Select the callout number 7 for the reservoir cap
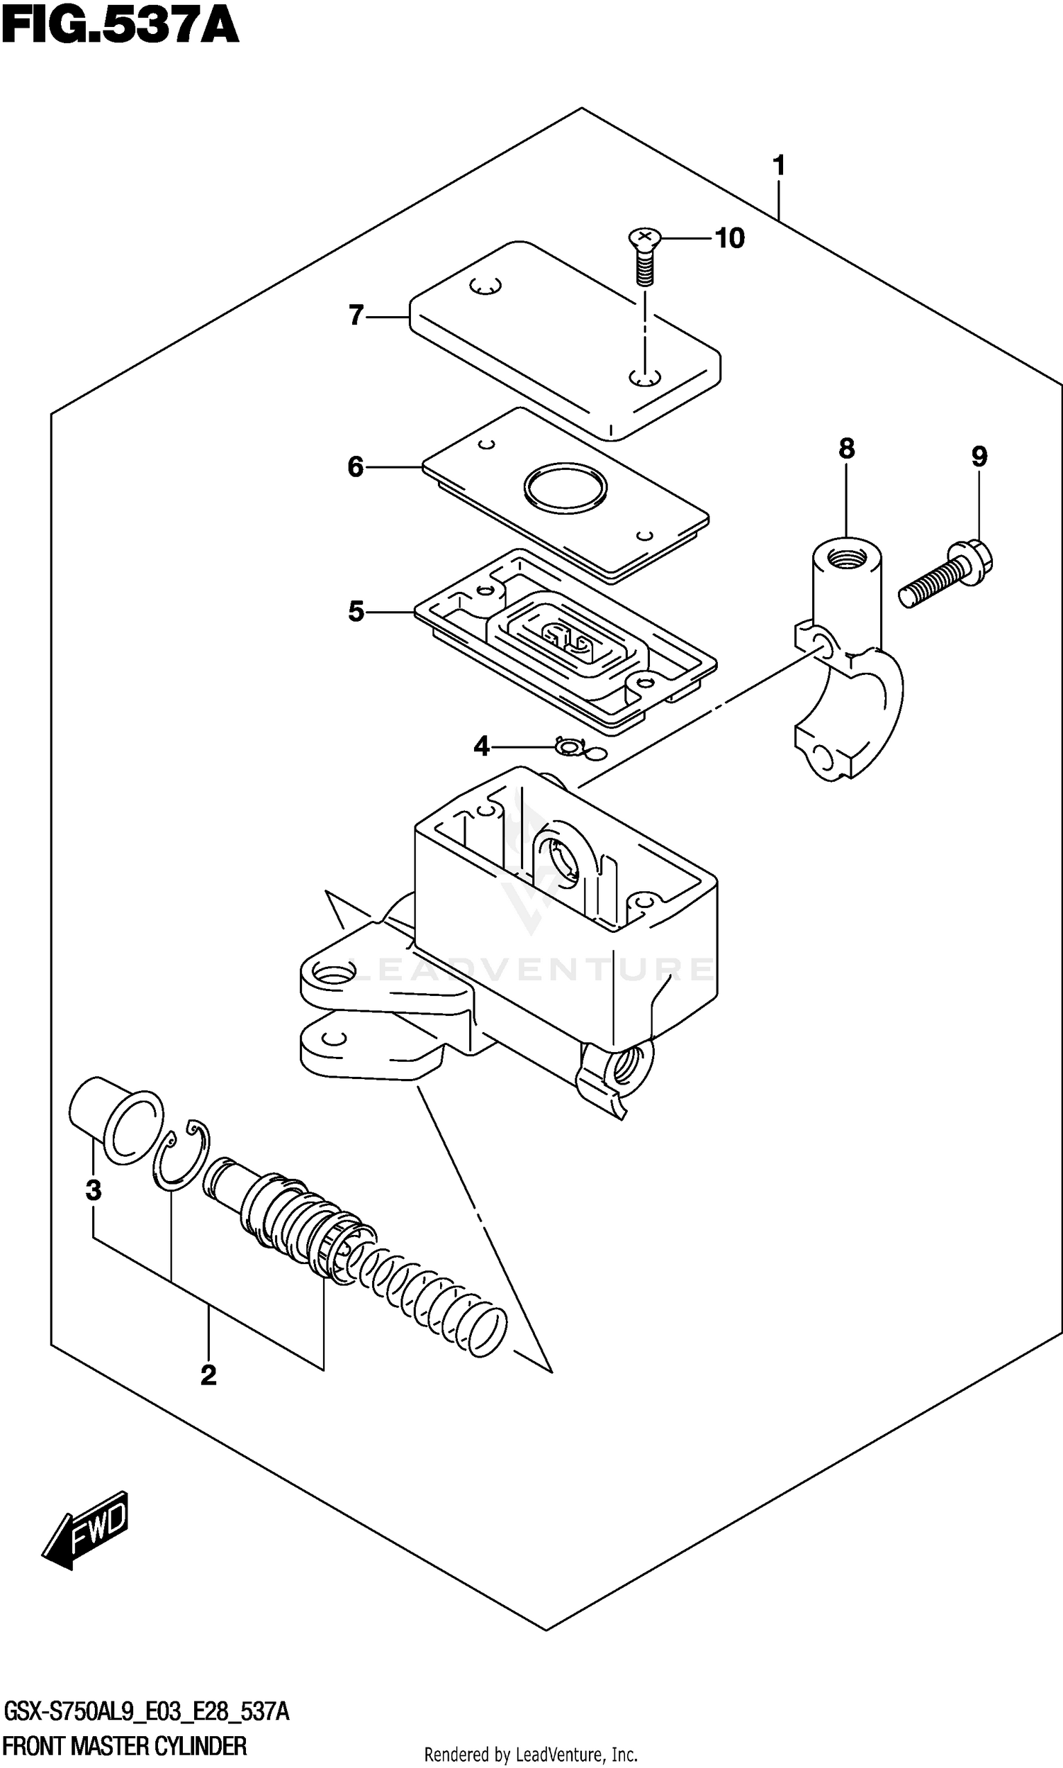[x=356, y=315]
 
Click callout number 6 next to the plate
[x=356, y=467]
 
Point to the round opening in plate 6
[x=566, y=488]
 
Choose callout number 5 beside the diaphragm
[x=356, y=612]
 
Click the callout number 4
[x=481, y=746]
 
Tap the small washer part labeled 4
[x=570, y=748]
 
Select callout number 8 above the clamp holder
[x=847, y=449]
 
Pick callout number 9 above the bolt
[x=979, y=457]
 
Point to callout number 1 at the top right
[x=780, y=165]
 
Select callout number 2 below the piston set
[x=208, y=1375]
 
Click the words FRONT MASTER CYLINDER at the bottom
[x=125, y=1746]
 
